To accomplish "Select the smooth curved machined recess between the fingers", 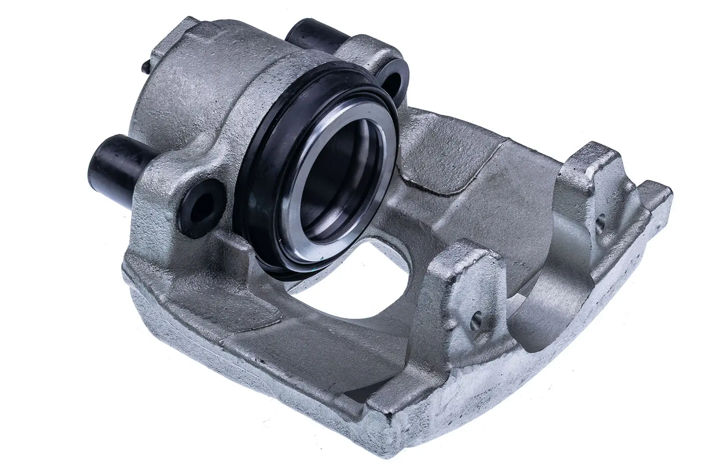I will [536, 284].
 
